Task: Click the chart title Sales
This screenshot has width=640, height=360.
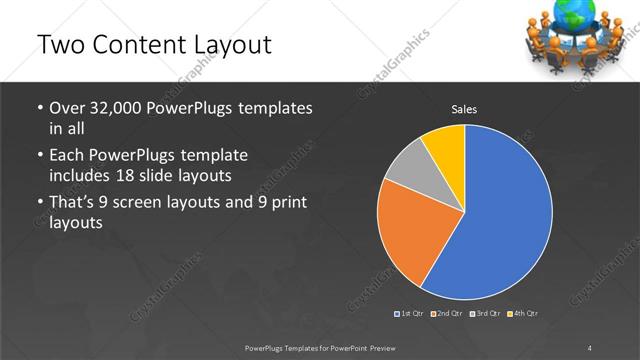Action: [x=464, y=108]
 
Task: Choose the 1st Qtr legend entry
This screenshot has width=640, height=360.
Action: [x=411, y=313]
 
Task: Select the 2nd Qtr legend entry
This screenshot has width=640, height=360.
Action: [x=446, y=313]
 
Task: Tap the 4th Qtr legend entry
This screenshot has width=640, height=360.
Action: [x=523, y=313]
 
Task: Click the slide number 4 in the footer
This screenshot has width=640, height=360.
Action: [x=590, y=347]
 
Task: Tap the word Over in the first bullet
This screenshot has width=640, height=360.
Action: [x=67, y=107]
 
